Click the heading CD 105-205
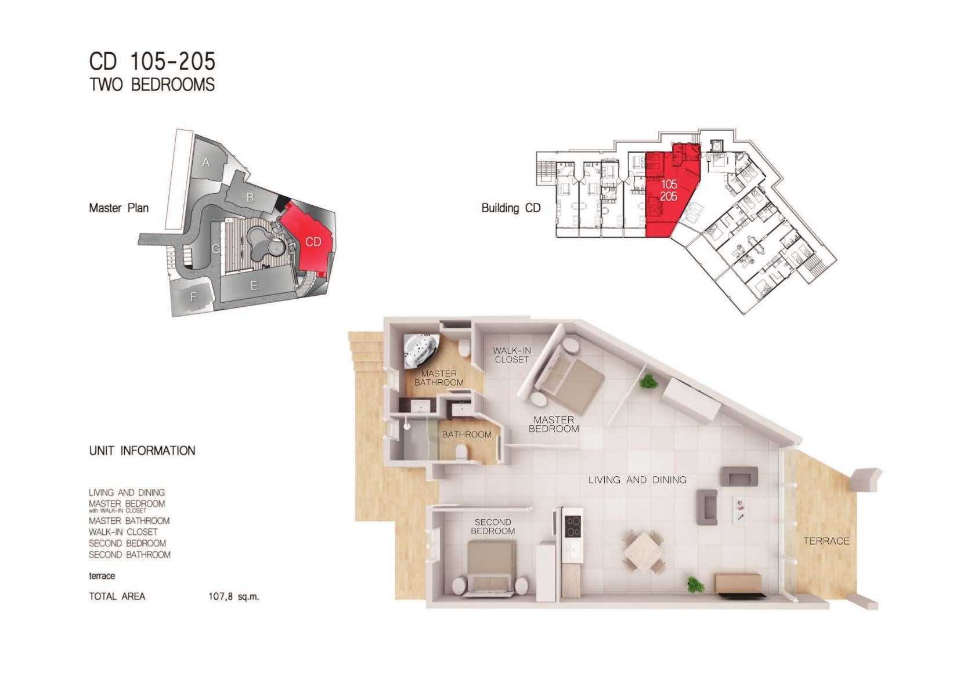(152, 61)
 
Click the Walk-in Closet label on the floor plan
(512, 355)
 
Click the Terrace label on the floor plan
(826, 541)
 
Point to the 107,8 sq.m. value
(233, 596)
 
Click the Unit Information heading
(142, 451)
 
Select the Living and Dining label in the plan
(637, 480)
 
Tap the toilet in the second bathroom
(461, 452)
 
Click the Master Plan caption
(119, 208)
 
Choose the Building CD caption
(511, 208)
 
